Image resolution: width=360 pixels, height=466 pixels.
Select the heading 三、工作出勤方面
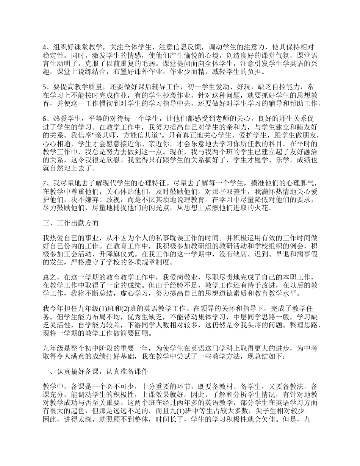coord(70,223)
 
